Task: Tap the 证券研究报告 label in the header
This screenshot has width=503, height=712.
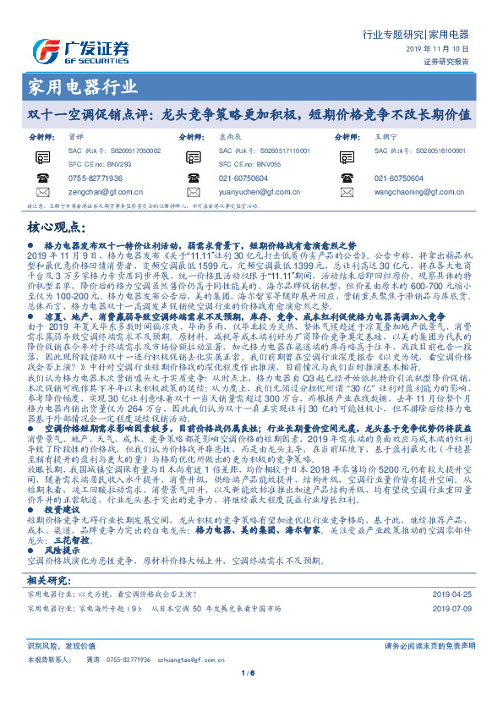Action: pyautogui.click(x=446, y=61)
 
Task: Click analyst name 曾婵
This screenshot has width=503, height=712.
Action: pyautogui.click(x=76, y=136)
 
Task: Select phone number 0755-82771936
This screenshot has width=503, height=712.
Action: pyautogui.click(x=96, y=178)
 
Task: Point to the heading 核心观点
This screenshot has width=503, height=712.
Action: pyautogui.click(x=58, y=227)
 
